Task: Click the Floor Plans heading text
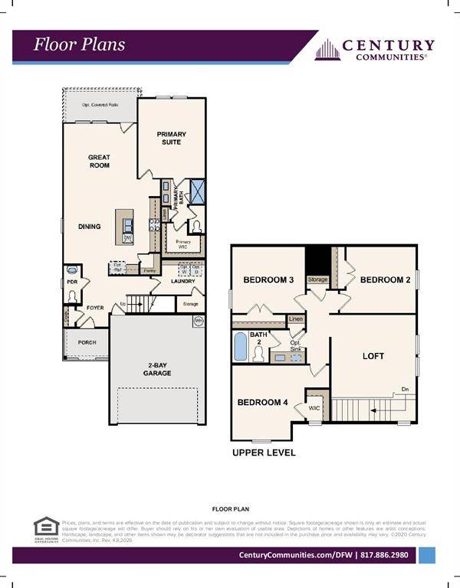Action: point(79,44)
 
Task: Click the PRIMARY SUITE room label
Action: point(172,138)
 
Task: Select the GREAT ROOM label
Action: point(99,162)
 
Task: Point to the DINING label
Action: point(90,227)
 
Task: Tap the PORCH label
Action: point(87,342)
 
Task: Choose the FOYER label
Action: point(95,308)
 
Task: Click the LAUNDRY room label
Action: point(182,281)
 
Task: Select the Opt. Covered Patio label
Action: point(100,105)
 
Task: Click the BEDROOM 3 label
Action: point(268,280)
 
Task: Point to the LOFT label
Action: point(373,356)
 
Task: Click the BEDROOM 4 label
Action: point(263,402)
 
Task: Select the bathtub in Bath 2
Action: point(240,347)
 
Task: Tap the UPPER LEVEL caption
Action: point(264,452)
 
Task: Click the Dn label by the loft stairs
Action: point(404,390)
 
